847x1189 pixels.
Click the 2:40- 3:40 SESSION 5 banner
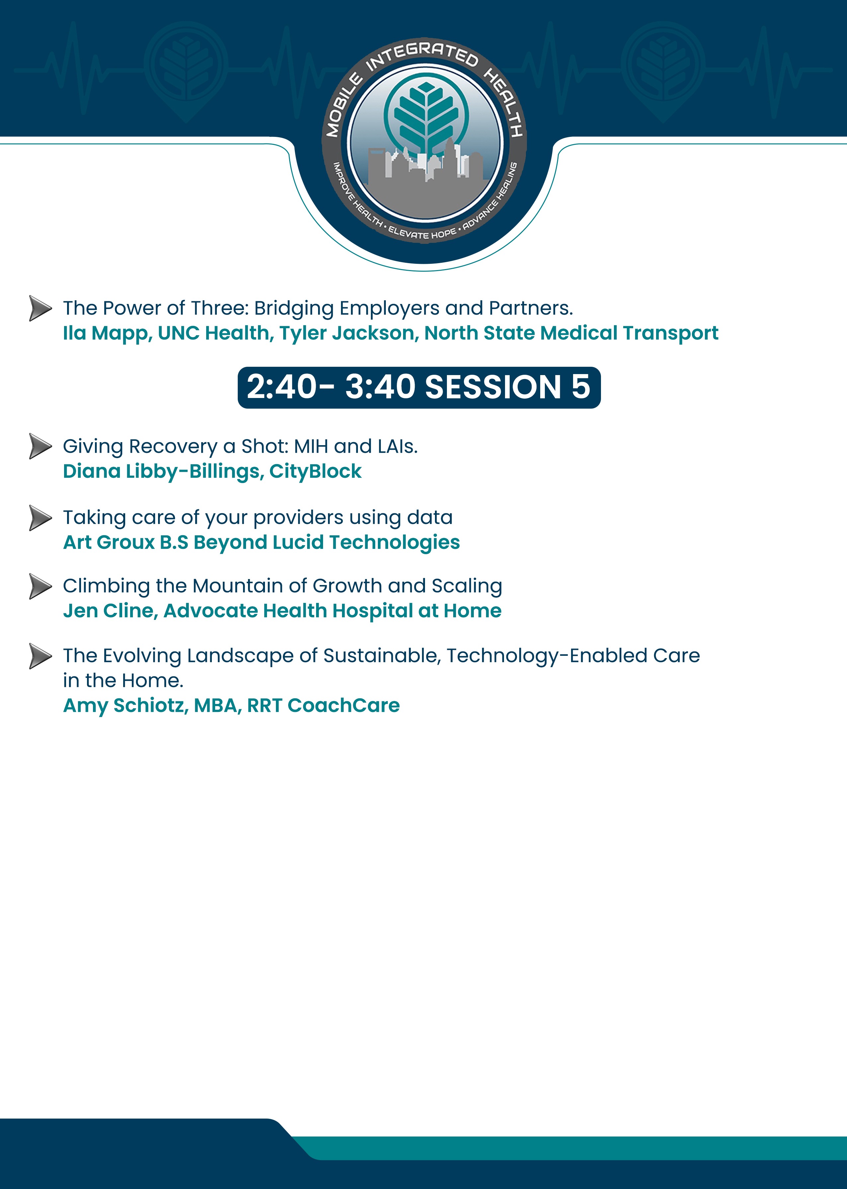click(419, 387)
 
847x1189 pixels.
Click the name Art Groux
click(109, 543)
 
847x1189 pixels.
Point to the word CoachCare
click(344, 705)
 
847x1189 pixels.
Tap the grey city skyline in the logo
click(425, 169)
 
